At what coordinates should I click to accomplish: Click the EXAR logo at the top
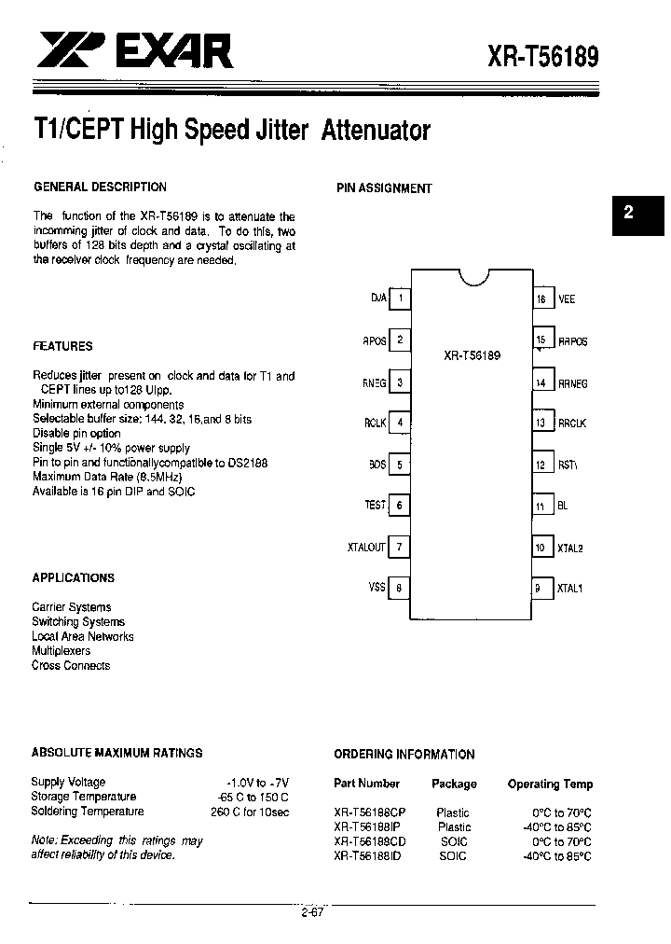point(136,49)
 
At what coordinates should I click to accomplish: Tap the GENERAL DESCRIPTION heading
point(100,187)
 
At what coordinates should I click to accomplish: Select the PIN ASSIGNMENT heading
point(384,187)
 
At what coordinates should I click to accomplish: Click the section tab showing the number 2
point(628,212)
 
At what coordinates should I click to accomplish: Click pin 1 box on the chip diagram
point(400,298)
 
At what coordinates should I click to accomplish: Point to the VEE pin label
point(567,299)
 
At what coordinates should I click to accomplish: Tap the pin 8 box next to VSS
point(400,588)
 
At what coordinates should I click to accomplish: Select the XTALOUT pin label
point(366,548)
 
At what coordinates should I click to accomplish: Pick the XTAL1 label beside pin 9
point(569,589)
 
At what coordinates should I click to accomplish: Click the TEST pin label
point(375,505)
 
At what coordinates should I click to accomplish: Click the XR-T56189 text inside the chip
point(472,355)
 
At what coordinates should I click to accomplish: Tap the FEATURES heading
point(62,346)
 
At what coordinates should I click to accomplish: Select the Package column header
point(454,784)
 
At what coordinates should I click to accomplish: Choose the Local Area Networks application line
point(82,636)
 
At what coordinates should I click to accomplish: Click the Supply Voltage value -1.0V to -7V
point(258,782)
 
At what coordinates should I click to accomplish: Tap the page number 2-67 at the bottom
point(311,912)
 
